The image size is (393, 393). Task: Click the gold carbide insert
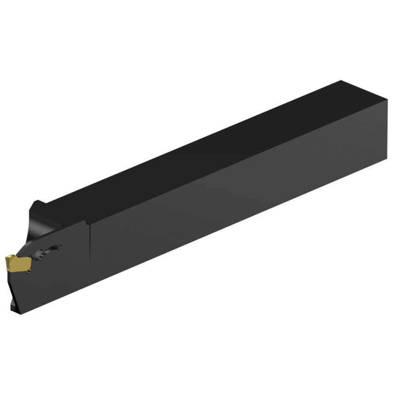pos(15,263)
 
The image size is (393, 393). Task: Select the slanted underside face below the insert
pos(18,290)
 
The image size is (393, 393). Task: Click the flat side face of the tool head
pos(60,276)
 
